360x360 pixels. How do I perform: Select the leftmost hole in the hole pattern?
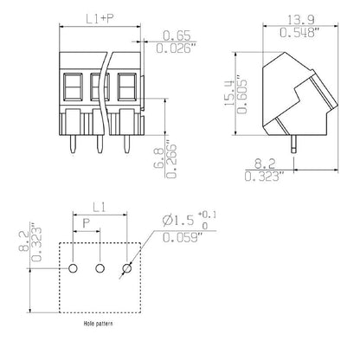[x=74, y=270]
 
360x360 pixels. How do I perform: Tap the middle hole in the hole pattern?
[x=100, y=270]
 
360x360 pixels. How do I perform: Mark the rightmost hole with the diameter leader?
[x=128, y=270]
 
